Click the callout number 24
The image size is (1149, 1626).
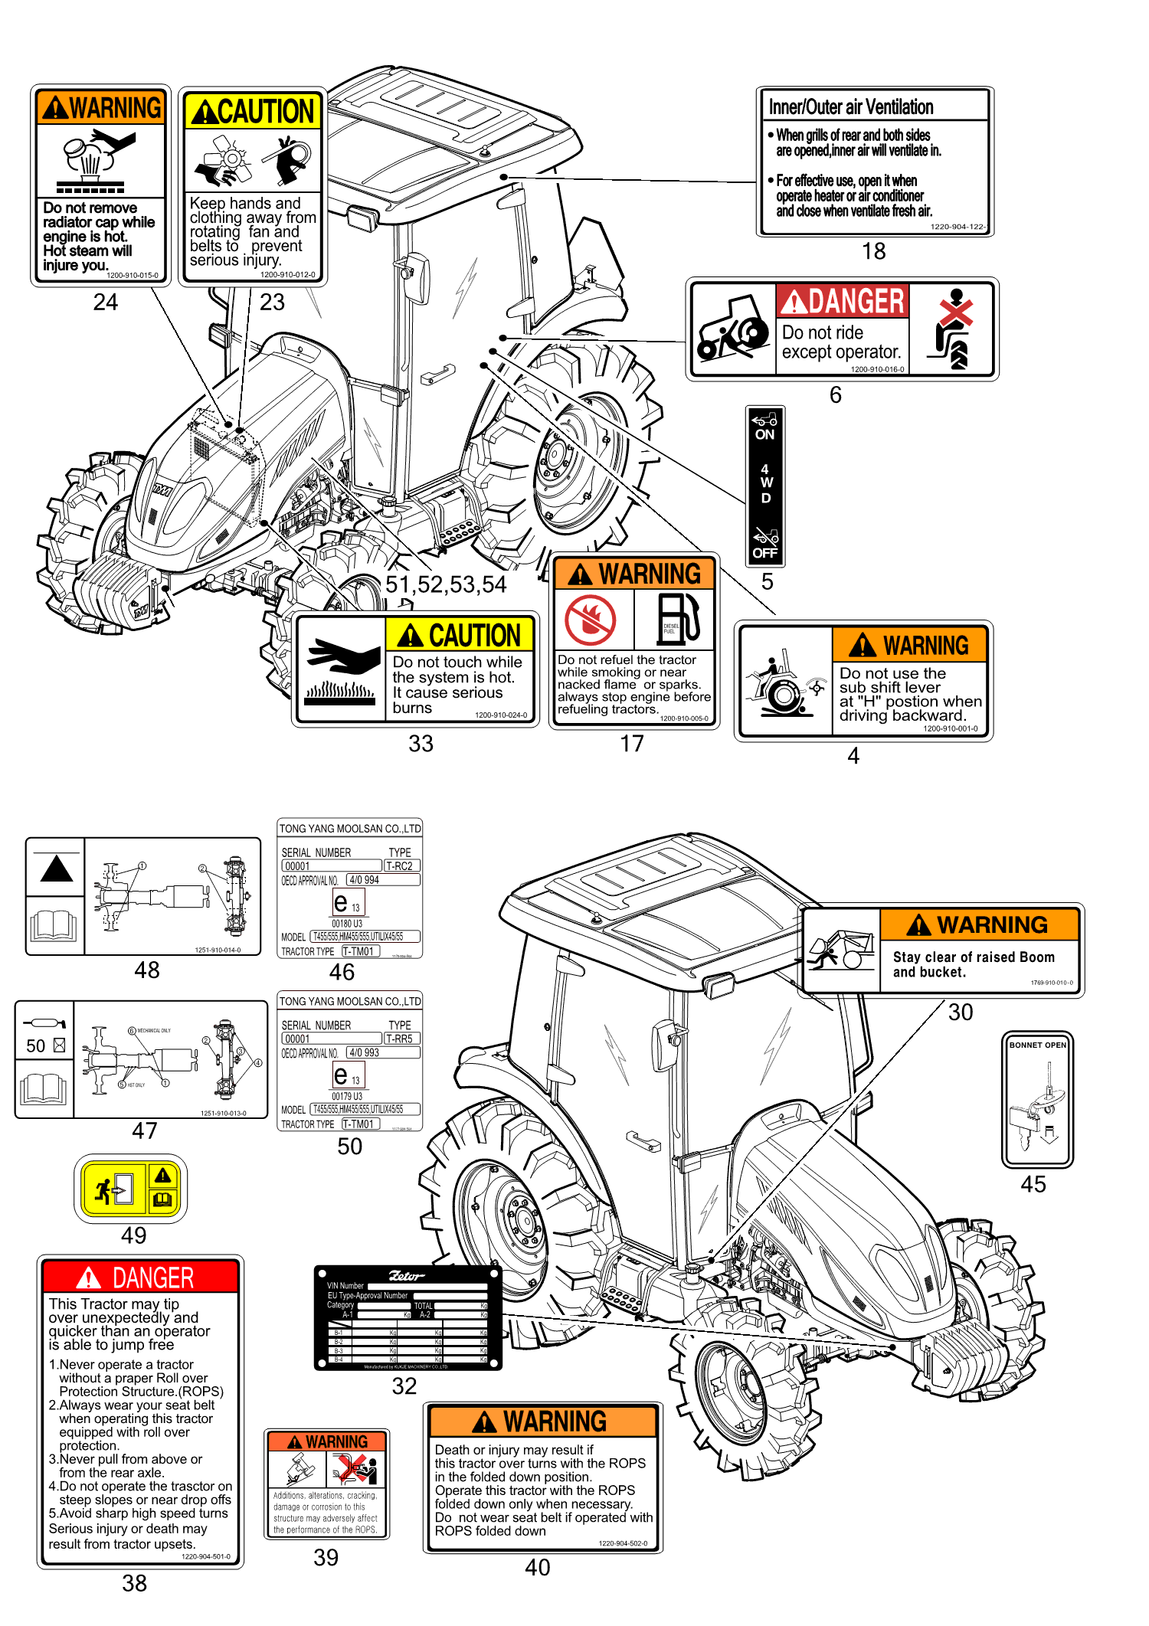pos(106,303)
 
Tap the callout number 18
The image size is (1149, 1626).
pos(873,251)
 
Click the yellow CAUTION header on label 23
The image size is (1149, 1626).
pos(252,112)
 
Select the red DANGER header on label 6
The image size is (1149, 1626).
pos(843,301)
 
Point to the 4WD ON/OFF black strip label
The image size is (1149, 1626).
pos(765,486)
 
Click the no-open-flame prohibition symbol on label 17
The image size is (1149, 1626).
pos(590,620)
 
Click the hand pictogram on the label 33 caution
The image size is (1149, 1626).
pos(342,656)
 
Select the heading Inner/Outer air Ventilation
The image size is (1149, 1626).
pos(851,107)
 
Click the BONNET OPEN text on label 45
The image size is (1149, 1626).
pos(1037,1045)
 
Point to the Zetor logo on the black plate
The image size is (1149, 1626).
pos(406,1275)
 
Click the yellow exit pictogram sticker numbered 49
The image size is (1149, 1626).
pos(131,1189)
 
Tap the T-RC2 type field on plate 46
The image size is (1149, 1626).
pos(401,866)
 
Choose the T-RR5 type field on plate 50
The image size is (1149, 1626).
pos(401,1039)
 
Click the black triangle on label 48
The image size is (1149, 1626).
pos(56,870)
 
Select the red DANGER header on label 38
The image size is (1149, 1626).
pos(141,1278)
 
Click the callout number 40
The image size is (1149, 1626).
pos(537,1567)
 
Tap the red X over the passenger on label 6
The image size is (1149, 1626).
pos(955,312)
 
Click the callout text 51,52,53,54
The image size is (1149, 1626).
pos(445,585)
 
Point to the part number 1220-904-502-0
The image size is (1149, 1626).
pos(622,1543)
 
